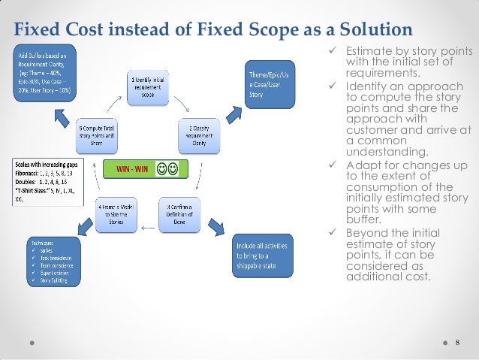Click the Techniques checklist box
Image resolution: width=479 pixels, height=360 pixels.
click(51, 262)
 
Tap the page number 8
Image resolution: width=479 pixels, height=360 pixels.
click(457, 342)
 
